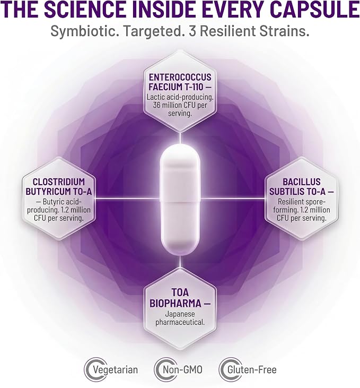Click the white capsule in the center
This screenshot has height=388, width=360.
click(x=180, y=198)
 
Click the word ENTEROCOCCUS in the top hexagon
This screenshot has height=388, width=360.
click(x=180, y=77)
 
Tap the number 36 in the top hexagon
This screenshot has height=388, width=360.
click(x=157, y=105)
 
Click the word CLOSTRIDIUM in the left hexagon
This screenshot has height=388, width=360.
click(x=59, y=182)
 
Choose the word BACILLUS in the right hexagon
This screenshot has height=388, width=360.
click(x=301, y=182)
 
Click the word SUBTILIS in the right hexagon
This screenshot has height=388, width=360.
click(x=287, y=192)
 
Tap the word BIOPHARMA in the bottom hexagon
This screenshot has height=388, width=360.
click(x=175, y=304)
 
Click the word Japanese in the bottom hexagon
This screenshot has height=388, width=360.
click(x=180, y=315)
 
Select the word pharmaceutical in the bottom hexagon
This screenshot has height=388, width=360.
click(x=180, y=323)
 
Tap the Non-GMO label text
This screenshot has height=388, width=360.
click(x=182, y=370)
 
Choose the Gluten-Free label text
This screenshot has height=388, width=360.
click(x=252, y=370)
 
